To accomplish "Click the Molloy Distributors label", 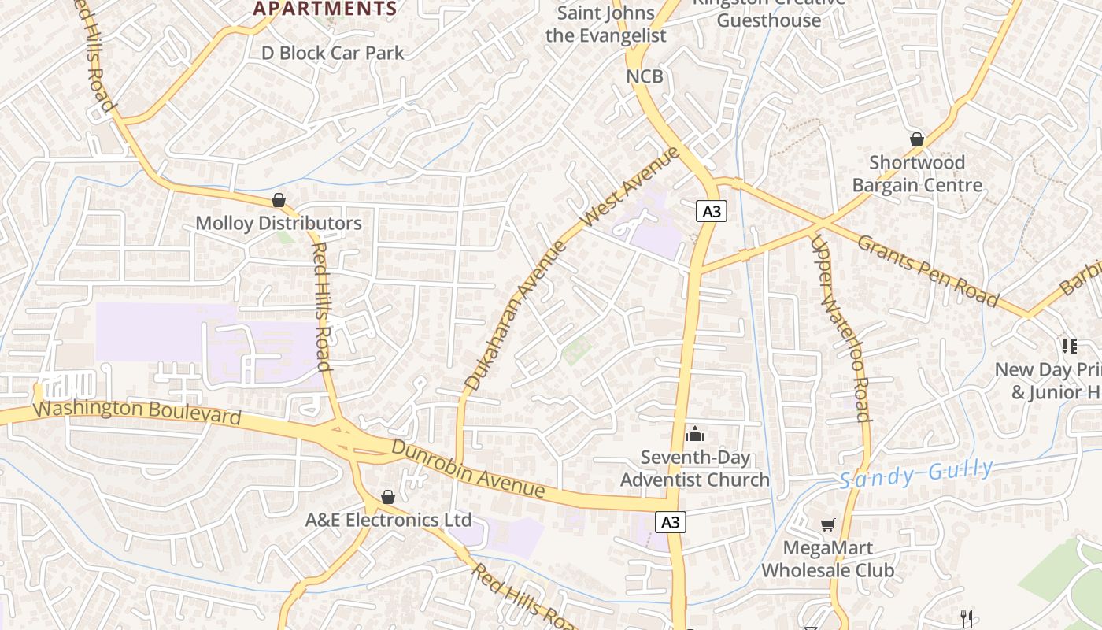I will click(279, 223).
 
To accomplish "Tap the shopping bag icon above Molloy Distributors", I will click(278, 200).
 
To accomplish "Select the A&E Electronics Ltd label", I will click(388, 520).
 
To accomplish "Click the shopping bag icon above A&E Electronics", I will click(387, 497).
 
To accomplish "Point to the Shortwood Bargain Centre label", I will click(917, 174).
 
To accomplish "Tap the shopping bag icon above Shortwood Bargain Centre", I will click(917, 139).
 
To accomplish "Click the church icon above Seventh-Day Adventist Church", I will click(694, 434).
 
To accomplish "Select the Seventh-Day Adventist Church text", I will click(694, 469).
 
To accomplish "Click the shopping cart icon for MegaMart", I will click(827, 524).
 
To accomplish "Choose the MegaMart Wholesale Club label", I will click(827, 558).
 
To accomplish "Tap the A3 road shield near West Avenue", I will click(711, 211).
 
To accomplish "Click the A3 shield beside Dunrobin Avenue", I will click(670, 522).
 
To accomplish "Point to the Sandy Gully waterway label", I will click(915, 475).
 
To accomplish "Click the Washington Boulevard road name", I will click(138, 412).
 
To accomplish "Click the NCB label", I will click(645, 76).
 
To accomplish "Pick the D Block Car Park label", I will click(332, 53).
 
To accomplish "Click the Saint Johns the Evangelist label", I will click(605, 24).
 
